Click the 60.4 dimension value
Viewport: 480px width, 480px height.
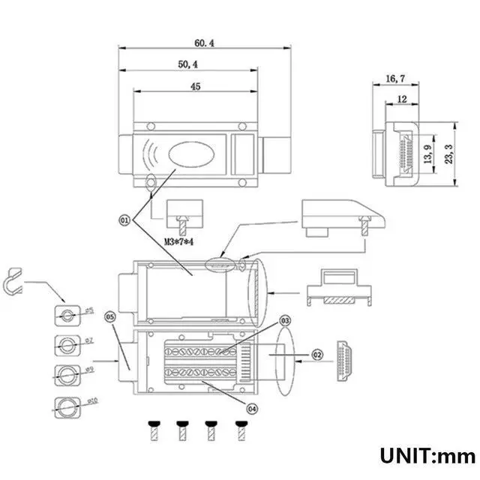203,44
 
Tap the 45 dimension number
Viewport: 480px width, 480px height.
196,87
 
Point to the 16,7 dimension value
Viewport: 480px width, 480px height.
396,78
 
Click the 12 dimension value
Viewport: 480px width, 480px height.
402,99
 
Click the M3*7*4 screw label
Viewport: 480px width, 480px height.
179,241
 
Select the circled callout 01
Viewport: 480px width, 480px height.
124,219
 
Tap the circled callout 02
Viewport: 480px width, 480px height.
317,355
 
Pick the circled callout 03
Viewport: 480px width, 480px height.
285,321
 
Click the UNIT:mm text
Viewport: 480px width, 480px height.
427,455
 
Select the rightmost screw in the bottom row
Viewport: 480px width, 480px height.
241,430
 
